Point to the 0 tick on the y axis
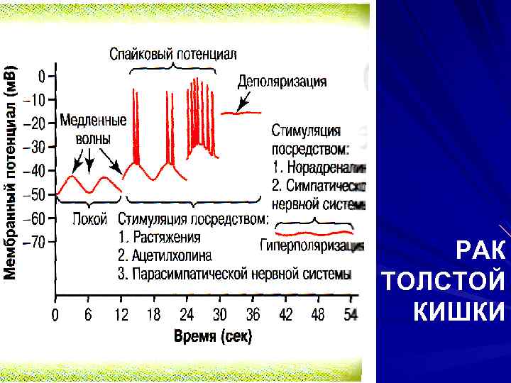[42, 75]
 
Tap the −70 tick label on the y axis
[35, 242]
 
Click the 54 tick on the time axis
[350, 314]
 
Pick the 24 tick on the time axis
[187, 314]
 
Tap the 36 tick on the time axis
[252, 314]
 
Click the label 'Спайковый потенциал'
[172, 54]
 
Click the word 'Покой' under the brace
[89, 219]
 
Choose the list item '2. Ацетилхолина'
[165, 255]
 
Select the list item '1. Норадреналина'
[318, 168]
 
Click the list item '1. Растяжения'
[160, 238]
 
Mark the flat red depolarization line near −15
[241, 112]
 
